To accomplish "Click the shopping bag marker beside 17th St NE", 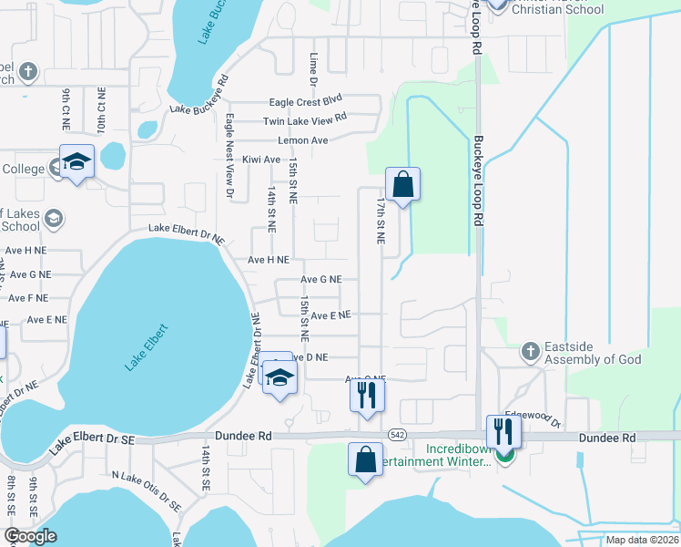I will (x=401, y=185).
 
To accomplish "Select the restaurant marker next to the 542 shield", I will (x=367, y=396).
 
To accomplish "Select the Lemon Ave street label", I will (x=303, y=140).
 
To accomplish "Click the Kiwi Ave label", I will (x=260, y=160).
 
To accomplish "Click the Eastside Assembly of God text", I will (x=592, y=353).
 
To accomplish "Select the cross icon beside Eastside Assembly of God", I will (x=530, y=351).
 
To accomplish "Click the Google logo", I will (x=30, y=536).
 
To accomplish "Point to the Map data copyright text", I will (x=641, y=540).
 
